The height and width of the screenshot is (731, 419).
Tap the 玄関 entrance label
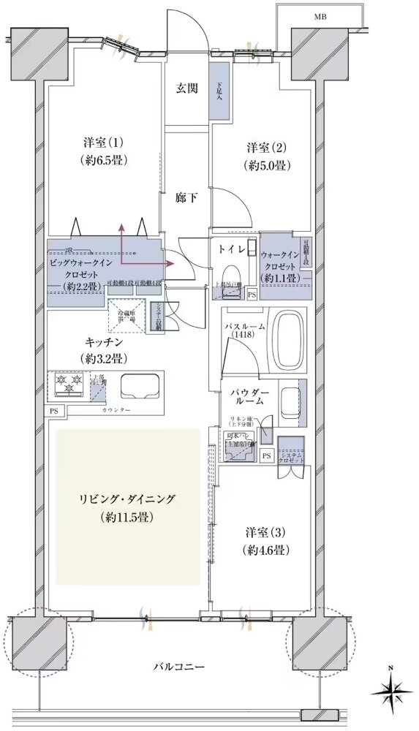[x=186, y=89]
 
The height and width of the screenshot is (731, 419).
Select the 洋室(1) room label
[x=102, y=151]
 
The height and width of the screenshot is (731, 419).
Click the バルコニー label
[x=178, y=667]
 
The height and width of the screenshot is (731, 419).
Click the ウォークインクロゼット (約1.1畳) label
[x=279, y=266]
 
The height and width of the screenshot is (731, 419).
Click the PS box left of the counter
[x=54, y=412]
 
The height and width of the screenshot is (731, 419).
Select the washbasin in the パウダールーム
[x=287, y=400]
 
